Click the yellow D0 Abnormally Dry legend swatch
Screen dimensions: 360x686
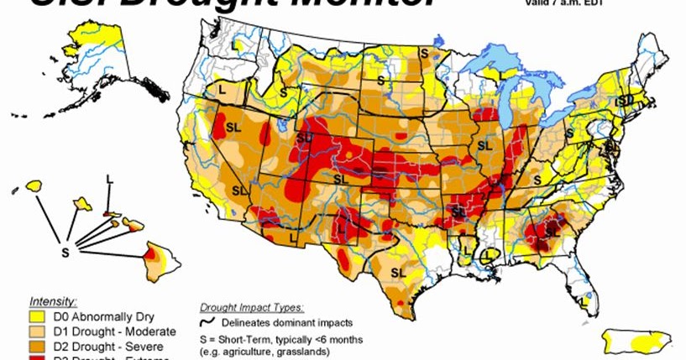(39, 316)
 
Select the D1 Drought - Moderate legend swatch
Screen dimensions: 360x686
(39, 331)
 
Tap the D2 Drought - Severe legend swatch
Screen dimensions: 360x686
(39, 344)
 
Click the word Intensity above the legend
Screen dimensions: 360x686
(54, 300)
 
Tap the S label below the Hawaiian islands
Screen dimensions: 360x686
(65, 250)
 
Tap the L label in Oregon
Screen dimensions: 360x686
(222, 88)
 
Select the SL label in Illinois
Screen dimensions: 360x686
(484, 145)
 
